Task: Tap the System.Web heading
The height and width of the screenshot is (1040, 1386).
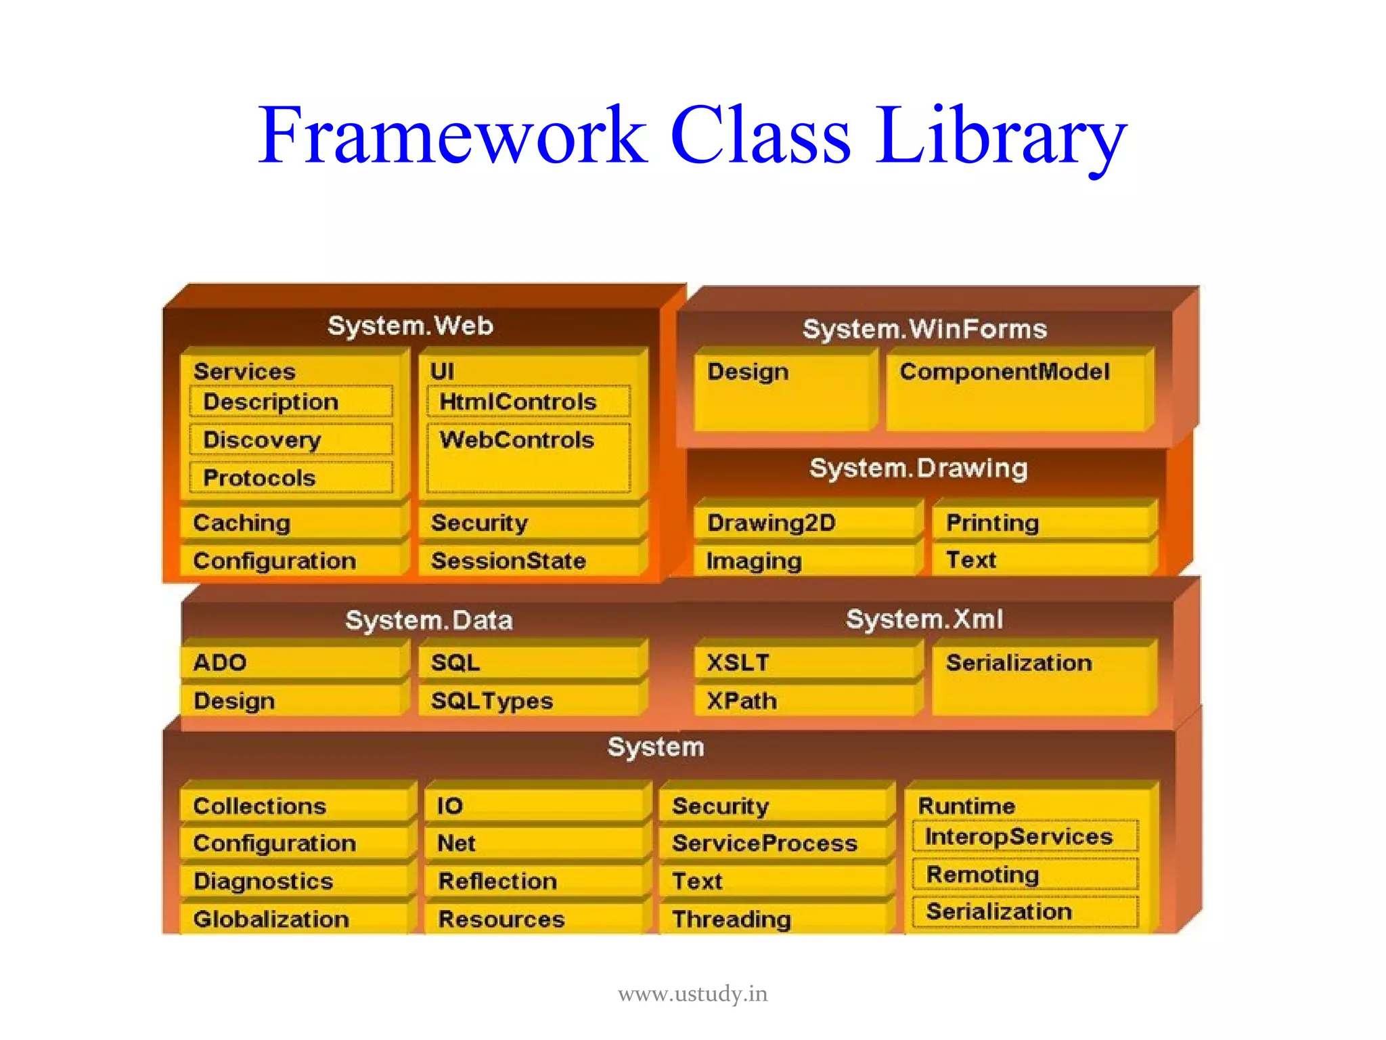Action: (410, 326)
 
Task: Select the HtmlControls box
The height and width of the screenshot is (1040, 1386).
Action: (528, 402)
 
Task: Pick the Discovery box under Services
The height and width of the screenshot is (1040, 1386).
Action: (291, 439)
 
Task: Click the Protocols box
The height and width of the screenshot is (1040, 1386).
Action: (291, 477)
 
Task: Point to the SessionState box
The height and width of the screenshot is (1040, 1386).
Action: (528, 561)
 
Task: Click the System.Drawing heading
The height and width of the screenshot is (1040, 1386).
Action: (918, 468)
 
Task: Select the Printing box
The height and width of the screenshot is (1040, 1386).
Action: (1042, 522)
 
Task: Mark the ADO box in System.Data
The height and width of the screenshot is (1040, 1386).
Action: (291, 662)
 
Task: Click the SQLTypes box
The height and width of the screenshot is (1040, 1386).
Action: (528, 701)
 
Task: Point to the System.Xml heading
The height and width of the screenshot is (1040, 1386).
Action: (924, 619)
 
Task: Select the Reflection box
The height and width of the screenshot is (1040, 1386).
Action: (535, 881)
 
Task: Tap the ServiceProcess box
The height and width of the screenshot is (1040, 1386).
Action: (772, 843)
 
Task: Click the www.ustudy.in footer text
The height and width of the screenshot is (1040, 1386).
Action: (692, 994)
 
